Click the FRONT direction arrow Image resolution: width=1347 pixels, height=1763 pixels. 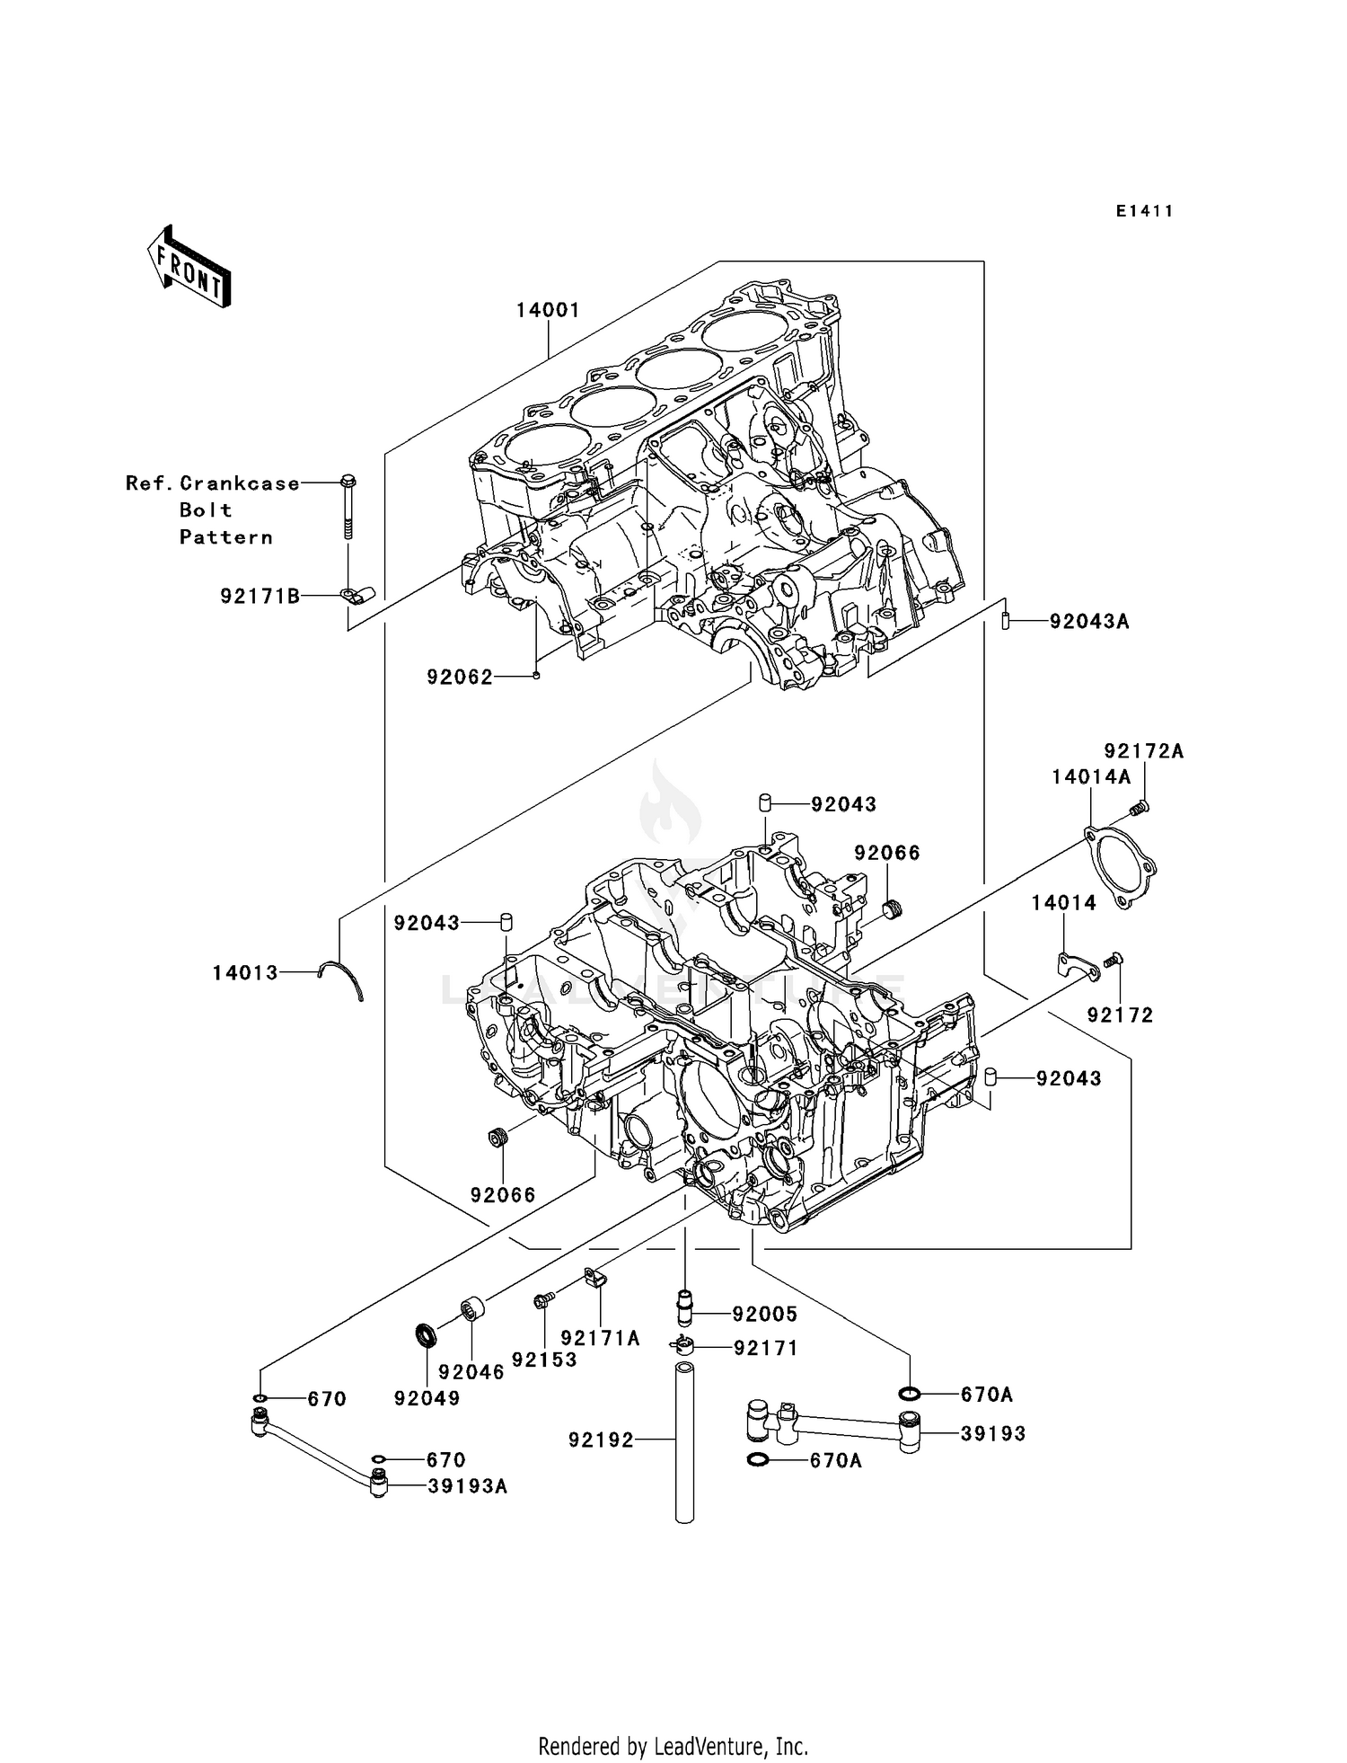tap(189, 267)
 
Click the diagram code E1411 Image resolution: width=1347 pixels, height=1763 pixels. tap(1144, 211)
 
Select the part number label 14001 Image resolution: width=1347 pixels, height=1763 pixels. tap(548, 310)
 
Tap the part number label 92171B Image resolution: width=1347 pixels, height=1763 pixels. tap(260, 596)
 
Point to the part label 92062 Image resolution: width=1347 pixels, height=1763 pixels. tap(460, 678)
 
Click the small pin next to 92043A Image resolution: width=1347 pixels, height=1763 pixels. tap(1007, 620)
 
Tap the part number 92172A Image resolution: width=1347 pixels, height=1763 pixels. tap(1143, 751)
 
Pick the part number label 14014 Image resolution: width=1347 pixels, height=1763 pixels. tap(1063, 903)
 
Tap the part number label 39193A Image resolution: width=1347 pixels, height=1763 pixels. tap(467, 1486)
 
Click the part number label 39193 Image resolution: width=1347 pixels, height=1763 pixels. tap(992, 1433)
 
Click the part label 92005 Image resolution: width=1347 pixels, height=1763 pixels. tap(764, 1314)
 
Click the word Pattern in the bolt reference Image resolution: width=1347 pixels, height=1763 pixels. tap(225, 537)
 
